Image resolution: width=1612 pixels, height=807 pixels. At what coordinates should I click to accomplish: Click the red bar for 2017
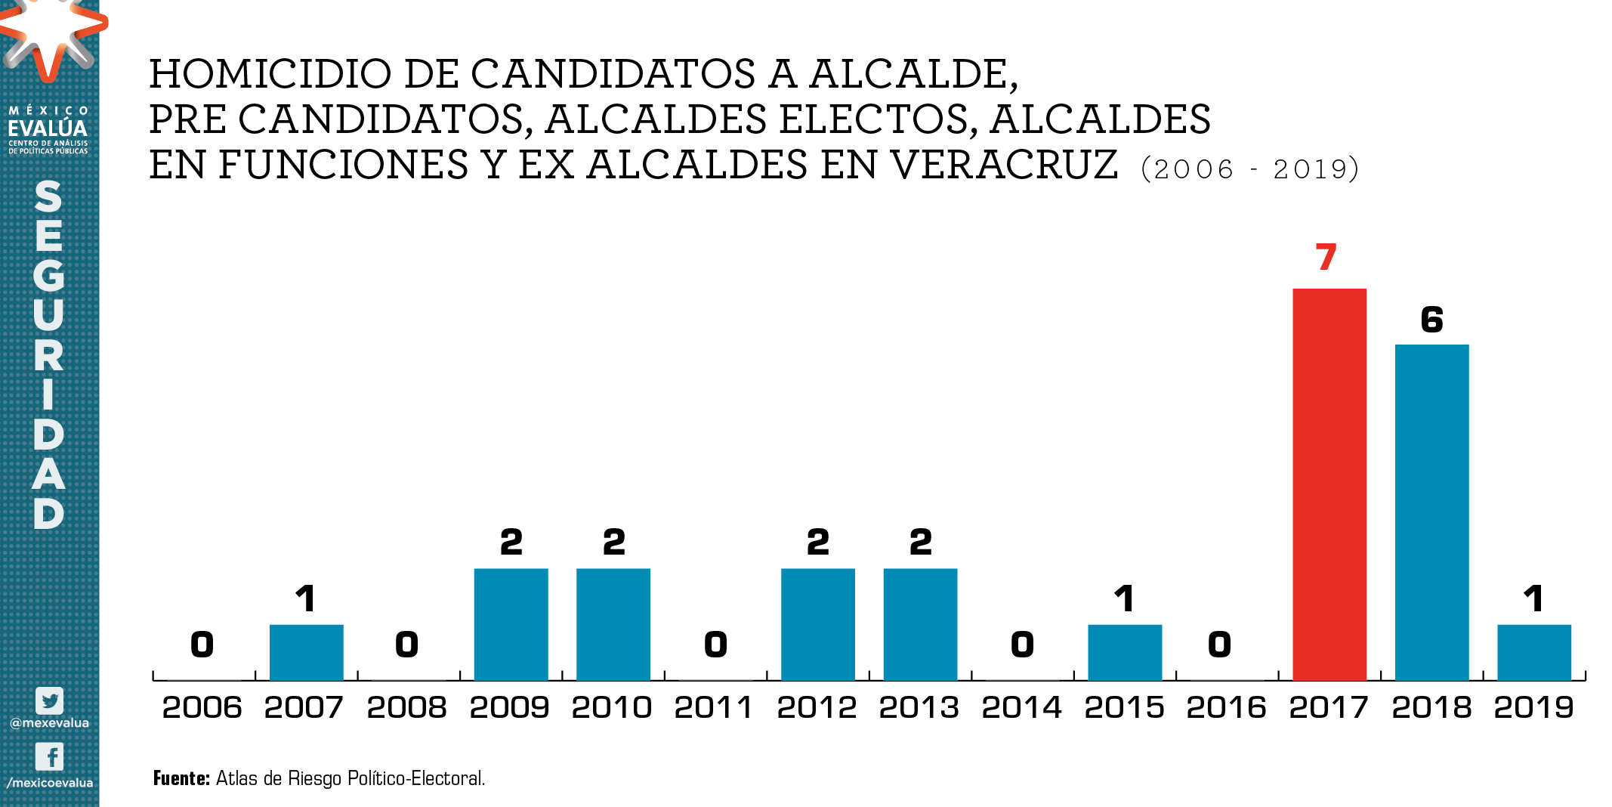tap(1329, 484)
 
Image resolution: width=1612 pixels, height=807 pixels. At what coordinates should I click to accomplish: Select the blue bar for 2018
tap(1431, 512)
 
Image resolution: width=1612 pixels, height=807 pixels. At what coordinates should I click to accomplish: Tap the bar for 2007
tap(306, 652)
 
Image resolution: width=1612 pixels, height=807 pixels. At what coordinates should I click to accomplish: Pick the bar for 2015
tap(1124, 652)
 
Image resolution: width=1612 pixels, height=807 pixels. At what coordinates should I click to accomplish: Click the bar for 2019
tap(1533, 652)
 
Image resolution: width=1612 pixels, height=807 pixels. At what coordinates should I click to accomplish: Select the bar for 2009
tap(511, 624)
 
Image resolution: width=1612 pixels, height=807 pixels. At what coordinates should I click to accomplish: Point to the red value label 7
tap(1326, 258)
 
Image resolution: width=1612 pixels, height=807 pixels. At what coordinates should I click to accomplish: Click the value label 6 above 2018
tap(1431, 320)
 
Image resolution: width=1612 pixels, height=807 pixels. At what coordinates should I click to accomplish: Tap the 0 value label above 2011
tap(715, 645)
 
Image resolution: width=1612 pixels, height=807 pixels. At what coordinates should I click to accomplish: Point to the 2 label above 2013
tap(920, 543)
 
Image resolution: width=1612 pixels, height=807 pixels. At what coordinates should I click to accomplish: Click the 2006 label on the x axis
tap(202, 707)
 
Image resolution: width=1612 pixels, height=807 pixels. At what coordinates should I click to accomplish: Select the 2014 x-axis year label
tap(1021, 707)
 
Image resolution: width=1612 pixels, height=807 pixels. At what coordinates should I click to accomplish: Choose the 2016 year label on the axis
tap(1226, 707)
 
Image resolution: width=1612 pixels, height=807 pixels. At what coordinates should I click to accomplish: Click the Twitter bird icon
tap(49, 700)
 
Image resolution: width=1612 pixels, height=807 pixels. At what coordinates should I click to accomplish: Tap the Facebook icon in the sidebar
tap(49, 756)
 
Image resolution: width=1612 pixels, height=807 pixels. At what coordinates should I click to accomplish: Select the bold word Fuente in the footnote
tap(181, 778)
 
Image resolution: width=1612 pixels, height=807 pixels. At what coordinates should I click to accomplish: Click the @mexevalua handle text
tap(49, 723)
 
